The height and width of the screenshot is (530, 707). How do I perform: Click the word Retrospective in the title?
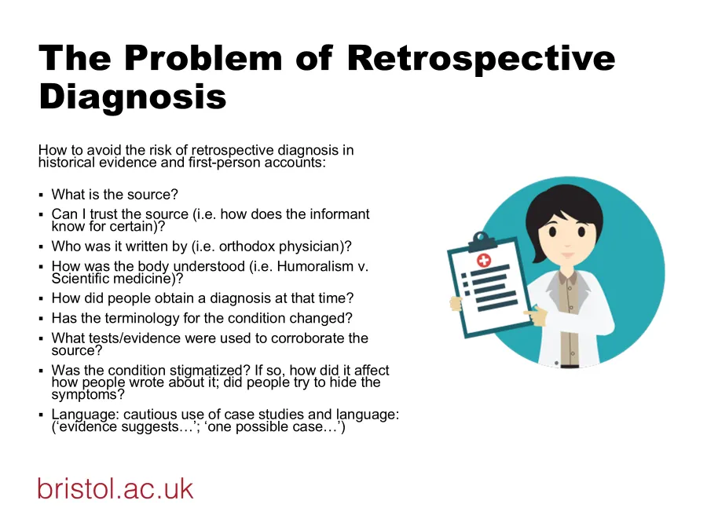click(x=481, y=60)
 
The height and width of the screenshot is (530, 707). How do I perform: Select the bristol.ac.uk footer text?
click(x=115, y=488)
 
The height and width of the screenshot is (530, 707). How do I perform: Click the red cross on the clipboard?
click(x=484, y=260)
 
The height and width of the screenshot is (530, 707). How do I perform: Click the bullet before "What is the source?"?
click(x=42, y=196)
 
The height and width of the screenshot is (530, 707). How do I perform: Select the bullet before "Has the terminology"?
click(x=42, y=319)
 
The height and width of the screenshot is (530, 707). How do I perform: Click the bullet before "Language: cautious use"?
click(x=42, y=415)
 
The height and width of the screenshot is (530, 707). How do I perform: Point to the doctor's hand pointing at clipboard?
click(x=536, y=315)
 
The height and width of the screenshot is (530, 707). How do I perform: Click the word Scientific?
click(x=80, y=279)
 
